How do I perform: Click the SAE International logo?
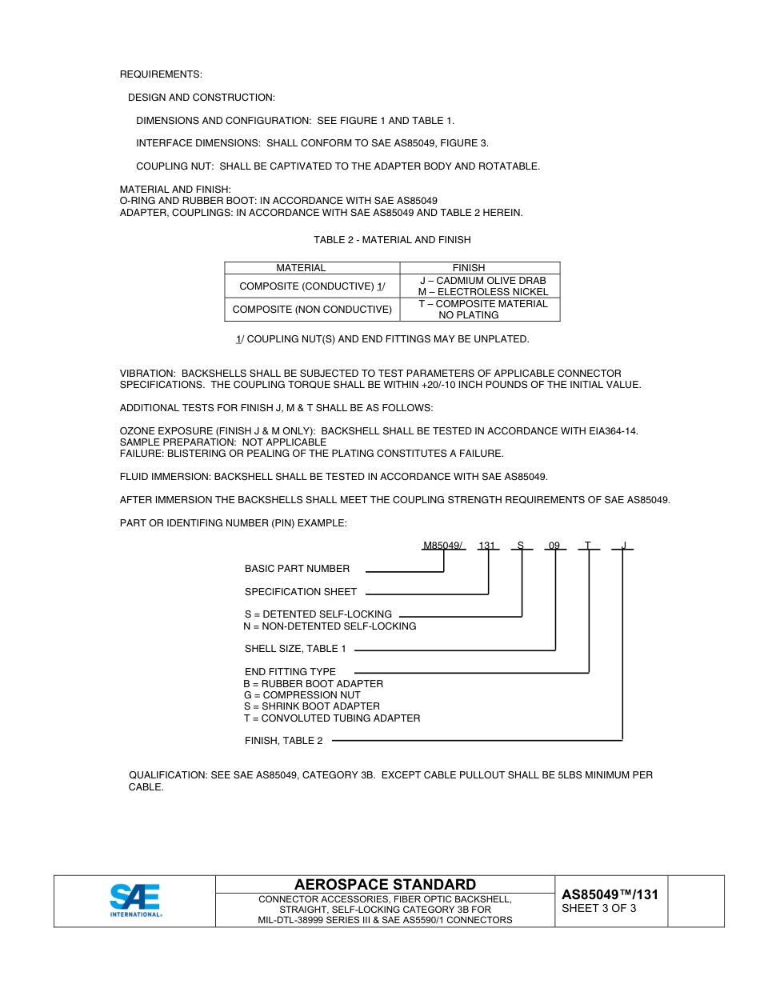pos(135,900)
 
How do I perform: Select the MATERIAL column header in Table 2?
pos(301,268)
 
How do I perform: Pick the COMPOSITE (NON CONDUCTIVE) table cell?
pos(312,309)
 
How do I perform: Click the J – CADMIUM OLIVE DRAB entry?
pos(482,281)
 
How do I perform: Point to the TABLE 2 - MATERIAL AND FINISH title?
pos(392,240)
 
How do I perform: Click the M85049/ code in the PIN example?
pos(443,546)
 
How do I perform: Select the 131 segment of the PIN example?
pos(486,546)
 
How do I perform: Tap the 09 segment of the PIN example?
pos(554,546)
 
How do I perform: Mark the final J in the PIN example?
pos(623,546)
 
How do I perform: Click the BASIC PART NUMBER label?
pos(297,569)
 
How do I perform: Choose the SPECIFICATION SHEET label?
pos(301,592)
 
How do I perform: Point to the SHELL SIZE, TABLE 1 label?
pos(295,649)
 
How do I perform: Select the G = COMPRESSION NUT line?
pos(302,695)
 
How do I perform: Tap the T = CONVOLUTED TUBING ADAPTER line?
pos(331,718)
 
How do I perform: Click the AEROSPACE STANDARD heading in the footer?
pos(385,884)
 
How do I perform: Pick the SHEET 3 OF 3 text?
pos(599,908)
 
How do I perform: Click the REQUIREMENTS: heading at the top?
pos(161,74)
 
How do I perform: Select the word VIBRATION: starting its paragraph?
pos(147,374)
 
